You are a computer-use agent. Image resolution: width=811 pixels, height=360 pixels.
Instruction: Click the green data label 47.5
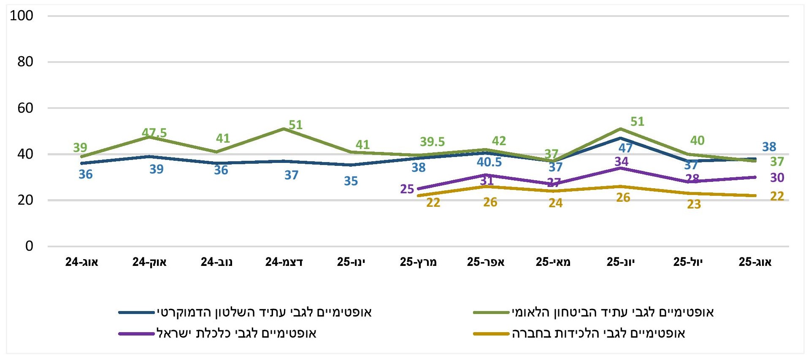154,133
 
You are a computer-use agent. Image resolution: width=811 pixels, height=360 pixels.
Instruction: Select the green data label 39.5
432,142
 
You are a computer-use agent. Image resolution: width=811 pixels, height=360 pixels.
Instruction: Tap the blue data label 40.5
489,162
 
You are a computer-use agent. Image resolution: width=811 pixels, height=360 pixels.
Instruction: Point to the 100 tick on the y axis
22,16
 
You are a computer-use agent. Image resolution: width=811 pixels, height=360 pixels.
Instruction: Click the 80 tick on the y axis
25,62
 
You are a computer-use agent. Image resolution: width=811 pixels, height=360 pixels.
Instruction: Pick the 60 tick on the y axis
25,108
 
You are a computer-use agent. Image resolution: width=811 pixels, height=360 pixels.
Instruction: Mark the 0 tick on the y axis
29,246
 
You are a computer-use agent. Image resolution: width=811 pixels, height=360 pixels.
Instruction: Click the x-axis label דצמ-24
284,262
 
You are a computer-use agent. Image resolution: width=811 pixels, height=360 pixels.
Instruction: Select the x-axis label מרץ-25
418,262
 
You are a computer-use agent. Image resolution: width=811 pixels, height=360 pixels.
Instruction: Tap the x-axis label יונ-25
620,262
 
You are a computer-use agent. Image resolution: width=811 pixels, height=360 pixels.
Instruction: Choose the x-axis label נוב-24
216,262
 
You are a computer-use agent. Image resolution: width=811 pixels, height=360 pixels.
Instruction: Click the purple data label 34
622,162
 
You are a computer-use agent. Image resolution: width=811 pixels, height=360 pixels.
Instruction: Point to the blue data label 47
625,148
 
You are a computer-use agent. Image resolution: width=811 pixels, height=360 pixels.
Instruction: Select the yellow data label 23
694,204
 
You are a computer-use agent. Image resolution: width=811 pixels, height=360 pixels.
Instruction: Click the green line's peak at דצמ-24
284,129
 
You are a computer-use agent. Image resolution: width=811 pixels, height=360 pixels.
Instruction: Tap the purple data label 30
777,178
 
